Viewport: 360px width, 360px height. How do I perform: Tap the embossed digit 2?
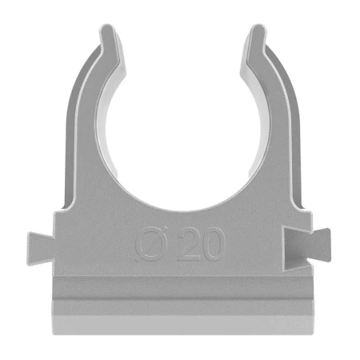click(x=189, y=246)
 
